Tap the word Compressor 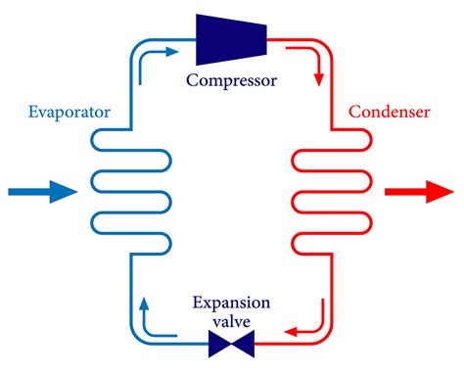pos(231,77)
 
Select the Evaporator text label pos(70,113)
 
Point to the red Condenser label pos(391,113)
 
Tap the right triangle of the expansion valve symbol pos(243,344)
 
